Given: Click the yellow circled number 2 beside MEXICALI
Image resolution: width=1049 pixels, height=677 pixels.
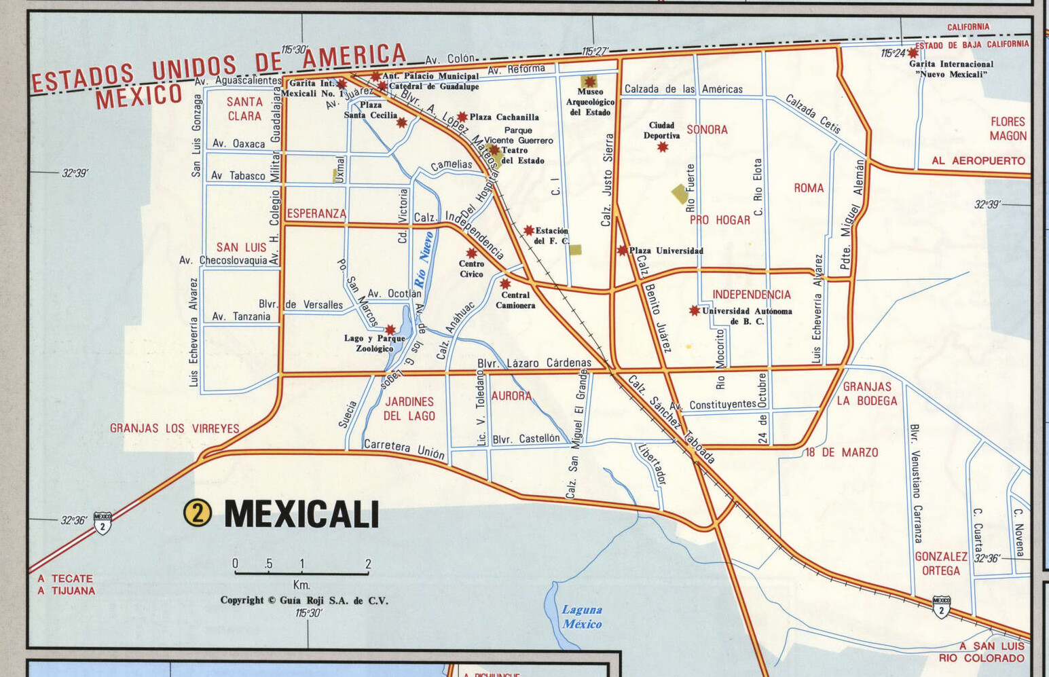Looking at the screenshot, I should tap(197, 513).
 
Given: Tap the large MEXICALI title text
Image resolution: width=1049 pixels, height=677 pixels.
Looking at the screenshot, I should tap(301, 514).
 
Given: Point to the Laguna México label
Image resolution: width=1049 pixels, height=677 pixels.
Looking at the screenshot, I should tap(582, 617).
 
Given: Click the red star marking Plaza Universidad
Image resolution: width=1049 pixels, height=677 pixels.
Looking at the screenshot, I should tap(623, 251).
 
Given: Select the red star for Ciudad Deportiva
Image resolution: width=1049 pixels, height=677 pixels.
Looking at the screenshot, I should tap(663, 147).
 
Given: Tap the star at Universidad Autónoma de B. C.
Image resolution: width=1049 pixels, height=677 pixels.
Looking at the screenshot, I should tap(694, 310).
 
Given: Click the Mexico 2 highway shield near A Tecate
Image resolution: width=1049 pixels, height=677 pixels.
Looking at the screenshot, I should tap(103, 523).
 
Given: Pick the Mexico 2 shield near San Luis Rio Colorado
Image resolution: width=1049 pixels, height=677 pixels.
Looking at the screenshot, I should tap(941, 606).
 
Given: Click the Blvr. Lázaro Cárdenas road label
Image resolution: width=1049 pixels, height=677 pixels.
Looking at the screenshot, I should tap(534, 363).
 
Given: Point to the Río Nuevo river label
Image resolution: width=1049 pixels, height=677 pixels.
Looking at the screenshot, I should tap(424, 259).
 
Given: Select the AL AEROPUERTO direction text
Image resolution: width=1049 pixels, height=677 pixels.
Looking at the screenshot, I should tap(978, 161).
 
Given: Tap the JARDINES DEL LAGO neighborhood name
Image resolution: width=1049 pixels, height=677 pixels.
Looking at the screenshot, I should tap(409, 409).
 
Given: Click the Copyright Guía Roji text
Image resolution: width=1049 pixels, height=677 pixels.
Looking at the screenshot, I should tap(303, 600).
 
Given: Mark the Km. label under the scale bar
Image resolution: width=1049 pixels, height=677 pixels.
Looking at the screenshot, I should tap(301, 585).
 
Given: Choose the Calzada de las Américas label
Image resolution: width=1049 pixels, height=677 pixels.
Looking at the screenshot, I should tap(683, 89).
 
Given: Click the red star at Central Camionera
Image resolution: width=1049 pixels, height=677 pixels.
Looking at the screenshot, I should tap(505, 284).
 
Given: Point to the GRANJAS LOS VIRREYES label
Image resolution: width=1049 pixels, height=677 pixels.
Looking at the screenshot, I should tap(174, 428).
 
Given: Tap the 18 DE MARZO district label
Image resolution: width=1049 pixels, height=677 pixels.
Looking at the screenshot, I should tap(841, 452).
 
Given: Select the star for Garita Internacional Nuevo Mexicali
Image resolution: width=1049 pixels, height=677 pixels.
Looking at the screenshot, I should tap(913, 53).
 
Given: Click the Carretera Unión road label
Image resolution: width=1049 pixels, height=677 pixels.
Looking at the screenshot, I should tap(404, 450).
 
